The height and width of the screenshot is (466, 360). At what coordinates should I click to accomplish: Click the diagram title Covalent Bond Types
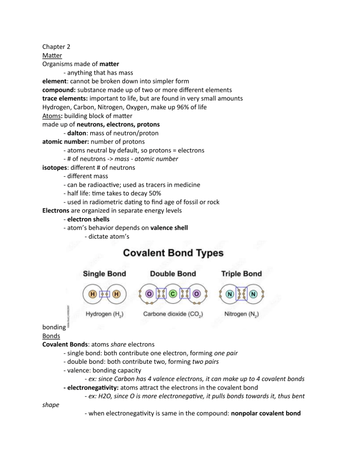tap(173, 253)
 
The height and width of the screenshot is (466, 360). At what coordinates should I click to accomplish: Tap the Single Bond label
tap(104, 273)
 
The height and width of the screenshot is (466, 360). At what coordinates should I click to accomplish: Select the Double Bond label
tap(173, 273)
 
